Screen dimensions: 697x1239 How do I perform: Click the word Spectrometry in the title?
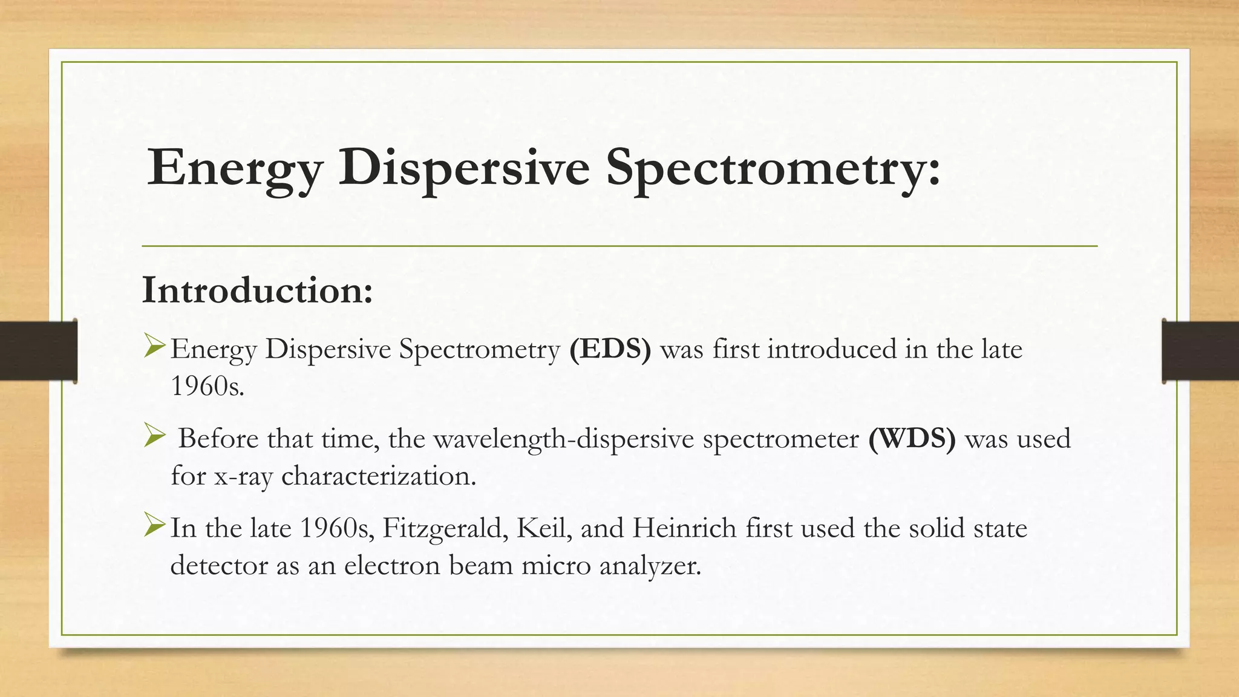pyautogui.click(x=773, y=168)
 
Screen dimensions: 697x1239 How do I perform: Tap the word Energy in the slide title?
pyautogui.click(x=235, y=168)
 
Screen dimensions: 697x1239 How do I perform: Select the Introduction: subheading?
pyautogui.click(x=257, y=290)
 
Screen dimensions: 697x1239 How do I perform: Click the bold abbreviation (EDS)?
pyautogui.click(x=610, y=349)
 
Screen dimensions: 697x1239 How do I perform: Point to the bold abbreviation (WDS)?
pyautogui.click(x=912, y=439)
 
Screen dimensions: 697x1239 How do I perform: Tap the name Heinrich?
pyautogui.click(x=684, y=528)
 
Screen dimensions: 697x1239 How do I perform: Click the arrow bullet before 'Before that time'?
pyautogui.click(x=155, y=436)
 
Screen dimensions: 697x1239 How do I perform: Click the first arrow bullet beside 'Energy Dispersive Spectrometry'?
pyautogui.click(x=155, y=347)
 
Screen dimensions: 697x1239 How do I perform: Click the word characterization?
pyautogui.click(x=379, y=476)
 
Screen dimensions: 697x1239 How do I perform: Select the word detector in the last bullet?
pyautogui.click(x=218, y=566)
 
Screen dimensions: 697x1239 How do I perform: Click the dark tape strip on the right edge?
pyautogui.click(x=1200, y=351)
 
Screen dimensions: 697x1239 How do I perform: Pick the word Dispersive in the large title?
pyautogui.click(x=464, y=168)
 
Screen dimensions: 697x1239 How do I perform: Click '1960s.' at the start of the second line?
pyautogui.click(x=208, y=386)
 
